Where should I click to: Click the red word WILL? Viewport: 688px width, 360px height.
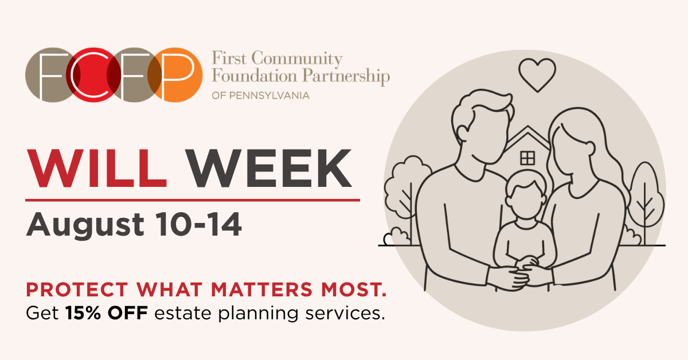pyautogui.click(x=97, y=169)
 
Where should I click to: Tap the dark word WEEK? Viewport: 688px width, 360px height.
pyautogui.click(x=269, y=169)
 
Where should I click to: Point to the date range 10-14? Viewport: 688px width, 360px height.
pyautogui.click(x=198, y=224)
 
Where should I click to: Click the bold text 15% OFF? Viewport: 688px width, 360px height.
pyautogui.click(x=107, y=313)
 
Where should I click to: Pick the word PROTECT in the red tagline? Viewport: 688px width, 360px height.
pyautogui.click(x=77, y=289)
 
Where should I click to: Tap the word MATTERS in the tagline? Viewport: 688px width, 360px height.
pyautogui.click(x=261, y=289)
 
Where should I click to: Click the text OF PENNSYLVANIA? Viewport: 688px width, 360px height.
pyautogui.click(x=260, y=96)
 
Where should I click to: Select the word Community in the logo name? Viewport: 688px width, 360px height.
pyautogui.click(x=297, y=58)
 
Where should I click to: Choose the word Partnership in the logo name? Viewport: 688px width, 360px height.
pyautogui.click(x=346, y=76)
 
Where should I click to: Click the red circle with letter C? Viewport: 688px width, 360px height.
pyautogui.click(x=93, y=75)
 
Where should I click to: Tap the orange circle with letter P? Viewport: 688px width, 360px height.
pyautogui.click(x=175, y=75)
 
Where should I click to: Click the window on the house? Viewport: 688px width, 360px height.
pyautogui.click(x=527, y=158)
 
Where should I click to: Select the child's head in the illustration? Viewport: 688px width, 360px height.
pyautogui.click(x=526, y=195)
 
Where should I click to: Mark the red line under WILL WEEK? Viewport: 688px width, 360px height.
pyautogui.click(x=193, y=200)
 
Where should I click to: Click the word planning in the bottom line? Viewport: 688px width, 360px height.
pyautogui.click(x=259, y=314)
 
